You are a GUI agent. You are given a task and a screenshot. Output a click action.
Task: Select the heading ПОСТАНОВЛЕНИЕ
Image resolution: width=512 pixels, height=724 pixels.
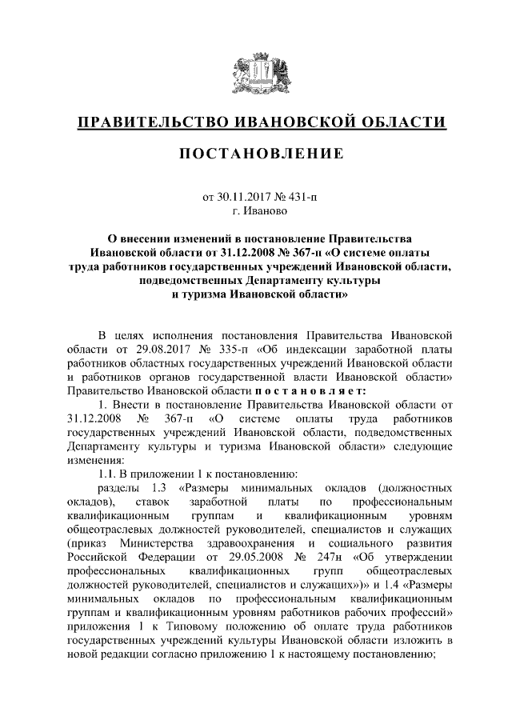tap(256, 153)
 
